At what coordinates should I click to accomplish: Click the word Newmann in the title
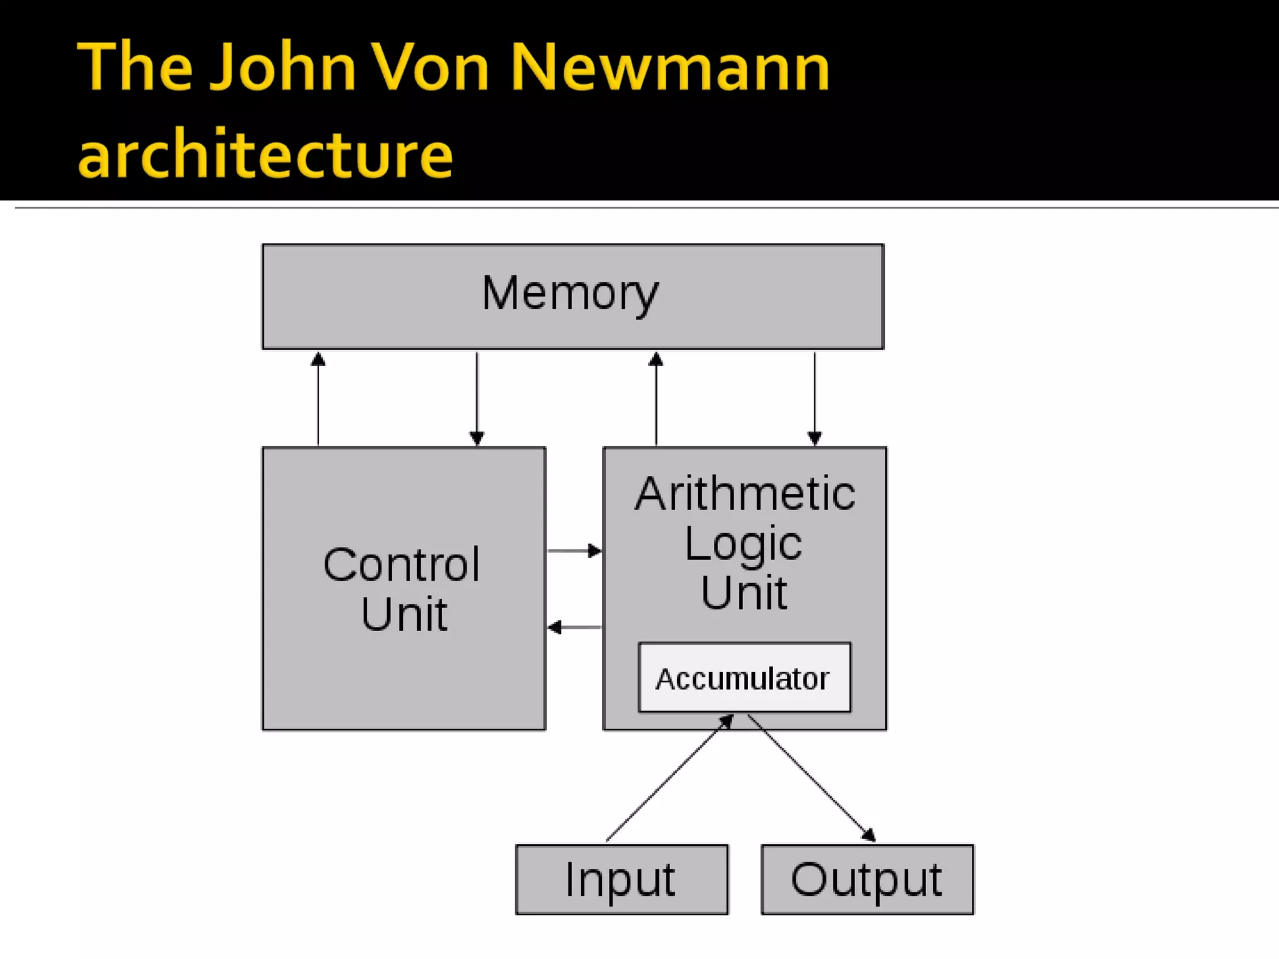670,67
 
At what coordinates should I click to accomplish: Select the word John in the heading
283,67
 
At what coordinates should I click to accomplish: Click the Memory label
570,293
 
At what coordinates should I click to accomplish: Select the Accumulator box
744,677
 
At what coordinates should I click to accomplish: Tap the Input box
621,879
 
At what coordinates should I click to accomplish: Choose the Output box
867,879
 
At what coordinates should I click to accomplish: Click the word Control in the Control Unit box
402,565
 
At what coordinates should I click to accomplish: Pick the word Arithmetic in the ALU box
744,494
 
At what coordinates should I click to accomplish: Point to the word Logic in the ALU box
743,543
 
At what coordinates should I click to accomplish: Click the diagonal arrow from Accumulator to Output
812,778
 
